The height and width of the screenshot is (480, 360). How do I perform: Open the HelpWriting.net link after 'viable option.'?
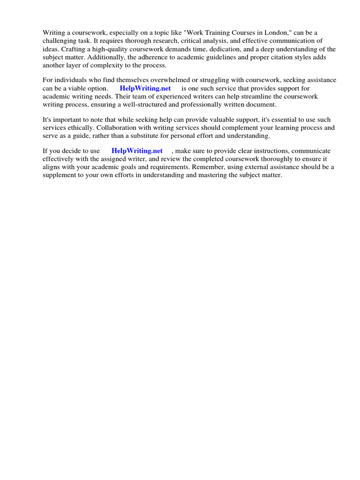click(145, 88)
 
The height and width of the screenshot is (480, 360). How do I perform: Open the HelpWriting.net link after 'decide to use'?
click(137, 150)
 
